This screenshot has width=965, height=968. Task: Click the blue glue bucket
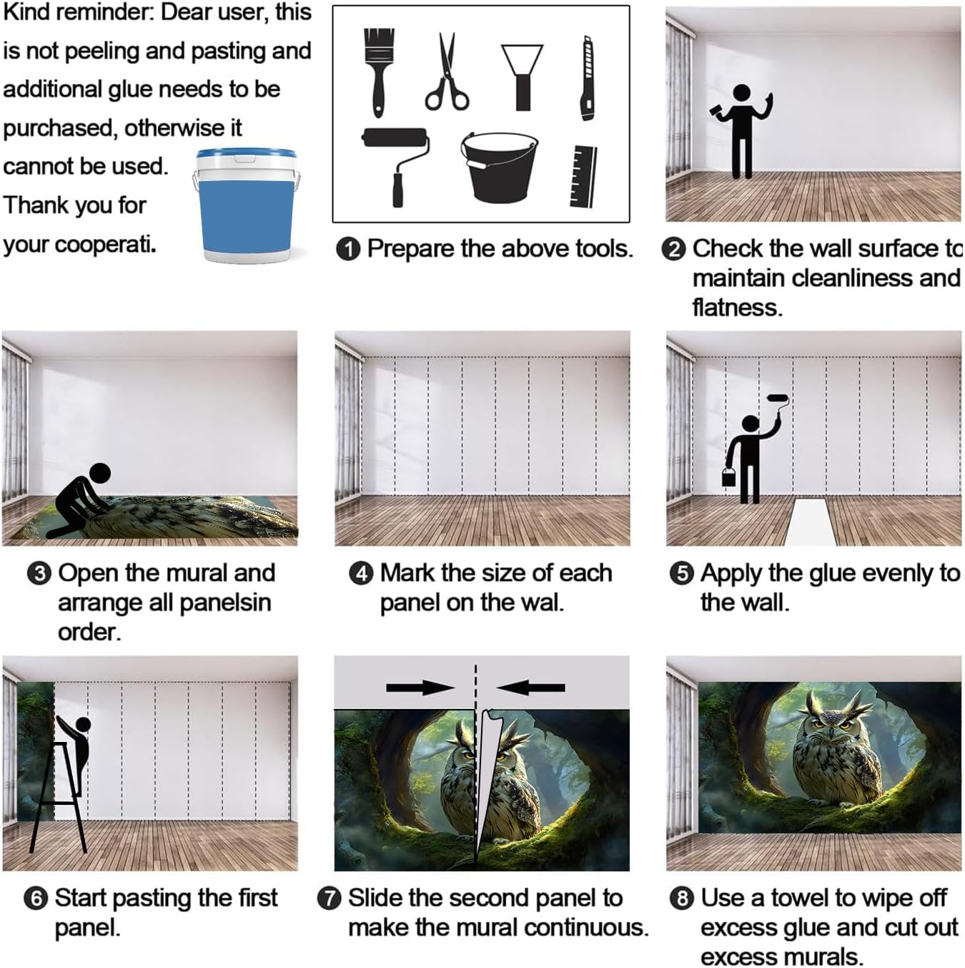(246, 205)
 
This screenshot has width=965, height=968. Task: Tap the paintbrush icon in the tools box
(379, 72)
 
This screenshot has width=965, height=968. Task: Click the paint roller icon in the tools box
(395, 167)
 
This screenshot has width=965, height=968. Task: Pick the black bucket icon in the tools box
(499, 167)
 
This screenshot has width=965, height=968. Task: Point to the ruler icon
(583, 176)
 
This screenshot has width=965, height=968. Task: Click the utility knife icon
(588, 78)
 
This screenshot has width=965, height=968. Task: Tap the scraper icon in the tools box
(522, 77)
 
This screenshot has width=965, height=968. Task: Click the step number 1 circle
(348, 250)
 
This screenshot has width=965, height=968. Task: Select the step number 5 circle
(682, 574)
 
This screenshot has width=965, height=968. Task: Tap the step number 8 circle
(682, 899)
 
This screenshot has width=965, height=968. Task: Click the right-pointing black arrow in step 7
(421, 688)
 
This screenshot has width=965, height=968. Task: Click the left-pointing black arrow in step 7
(530, 688)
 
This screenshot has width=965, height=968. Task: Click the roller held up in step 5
(778, 399)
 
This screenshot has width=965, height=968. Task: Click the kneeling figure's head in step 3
(99, 474)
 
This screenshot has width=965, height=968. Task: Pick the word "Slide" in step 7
(375, 898)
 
